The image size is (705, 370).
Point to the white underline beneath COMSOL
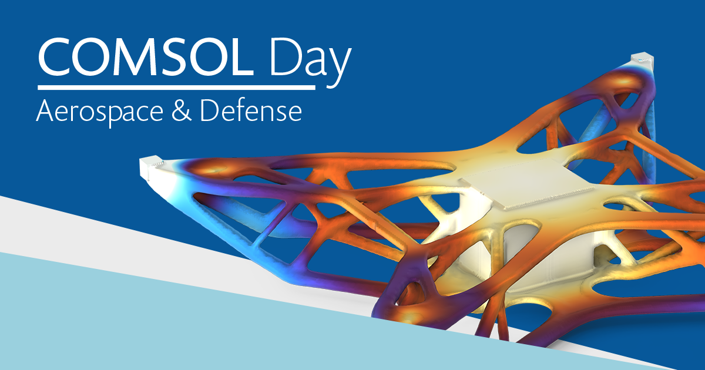[x=176, y=88]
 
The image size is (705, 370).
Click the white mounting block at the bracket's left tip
[x=152, y=168]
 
